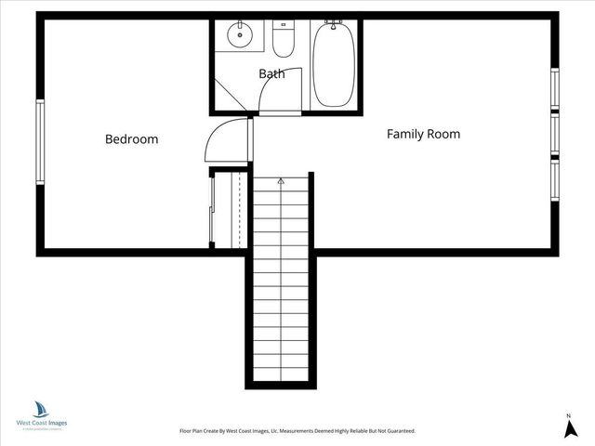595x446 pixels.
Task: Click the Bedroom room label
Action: (131, 139)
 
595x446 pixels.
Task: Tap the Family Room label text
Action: (423, 134)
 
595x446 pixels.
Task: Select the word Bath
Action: (271, 72)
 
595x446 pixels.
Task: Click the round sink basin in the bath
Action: (241, 36)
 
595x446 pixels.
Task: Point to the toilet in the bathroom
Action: (284, 40)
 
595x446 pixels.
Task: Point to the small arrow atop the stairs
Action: (281, 183)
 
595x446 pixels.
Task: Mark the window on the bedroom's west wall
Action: (40, 140)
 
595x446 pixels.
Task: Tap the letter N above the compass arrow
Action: (568, 414)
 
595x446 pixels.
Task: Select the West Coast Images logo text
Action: (42, 423)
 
